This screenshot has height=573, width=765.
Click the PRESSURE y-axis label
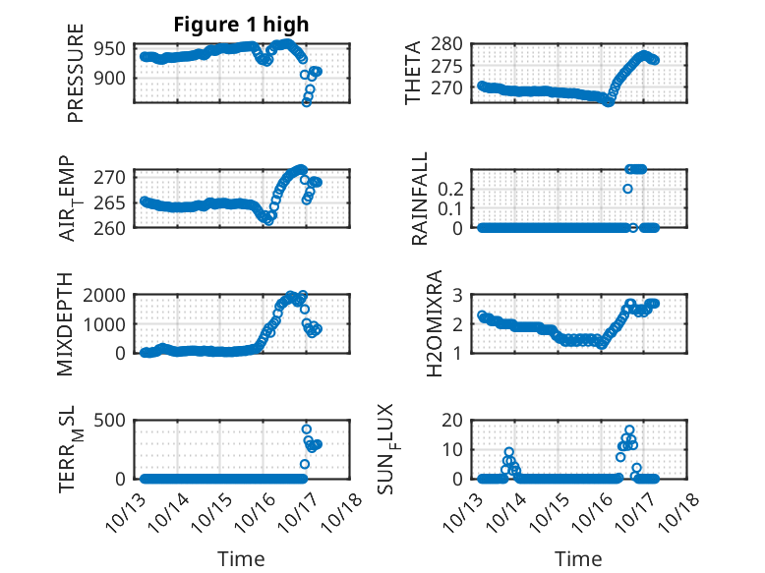[76, 82]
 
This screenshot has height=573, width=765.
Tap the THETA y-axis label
[413, 73]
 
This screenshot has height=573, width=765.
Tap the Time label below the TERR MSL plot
[241, 559]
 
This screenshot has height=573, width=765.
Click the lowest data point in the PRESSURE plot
[307, 102]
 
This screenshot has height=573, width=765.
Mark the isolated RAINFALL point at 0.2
[627, 189]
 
